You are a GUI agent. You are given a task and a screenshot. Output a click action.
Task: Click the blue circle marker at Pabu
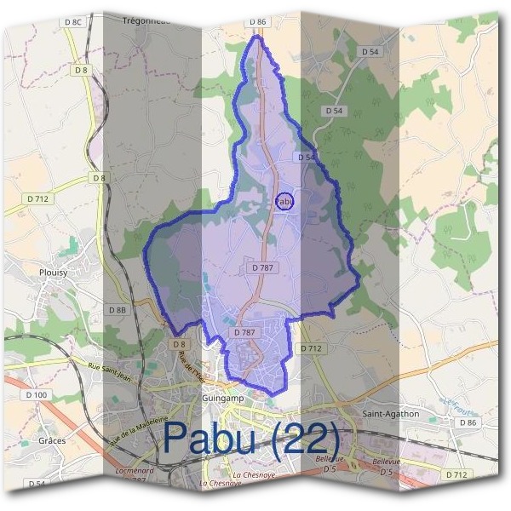tap(284, 202)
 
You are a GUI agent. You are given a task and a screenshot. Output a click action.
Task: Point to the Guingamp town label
tap(223, 398)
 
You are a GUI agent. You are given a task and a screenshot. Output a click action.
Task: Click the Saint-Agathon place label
tap(391, 414)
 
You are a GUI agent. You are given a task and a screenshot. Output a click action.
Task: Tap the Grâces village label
tap(53, 441)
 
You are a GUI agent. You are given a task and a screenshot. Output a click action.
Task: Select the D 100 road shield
tap(37, 395)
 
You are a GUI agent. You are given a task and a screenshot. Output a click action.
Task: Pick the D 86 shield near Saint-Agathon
tap(468, 422)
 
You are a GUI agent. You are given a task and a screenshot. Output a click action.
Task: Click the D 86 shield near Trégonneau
tap(258, 20)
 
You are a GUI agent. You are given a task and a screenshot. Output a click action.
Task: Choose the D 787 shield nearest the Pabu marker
tap(262, 267)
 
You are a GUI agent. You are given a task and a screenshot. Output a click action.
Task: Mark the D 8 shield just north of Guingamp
tap(178, 344)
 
